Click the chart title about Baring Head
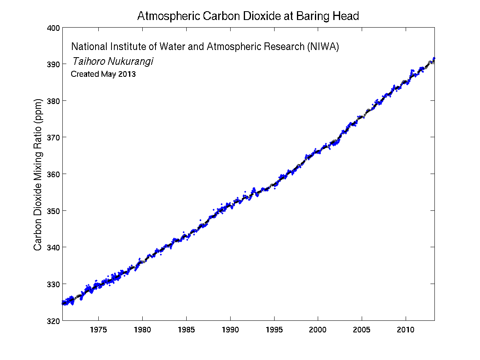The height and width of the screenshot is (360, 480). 248,16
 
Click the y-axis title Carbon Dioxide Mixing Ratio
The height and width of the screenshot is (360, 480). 38,174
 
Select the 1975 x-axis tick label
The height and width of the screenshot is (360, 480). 98,330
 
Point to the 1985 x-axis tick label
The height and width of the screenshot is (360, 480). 186,330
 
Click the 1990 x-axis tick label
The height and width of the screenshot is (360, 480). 230,330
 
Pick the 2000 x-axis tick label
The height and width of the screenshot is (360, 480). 318,330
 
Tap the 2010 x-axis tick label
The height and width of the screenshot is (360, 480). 406,330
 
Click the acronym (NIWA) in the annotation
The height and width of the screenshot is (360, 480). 323,47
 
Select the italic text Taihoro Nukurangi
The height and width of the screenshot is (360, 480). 112,61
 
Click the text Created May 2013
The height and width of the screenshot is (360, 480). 103,74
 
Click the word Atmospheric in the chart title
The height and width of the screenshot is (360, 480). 163,16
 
